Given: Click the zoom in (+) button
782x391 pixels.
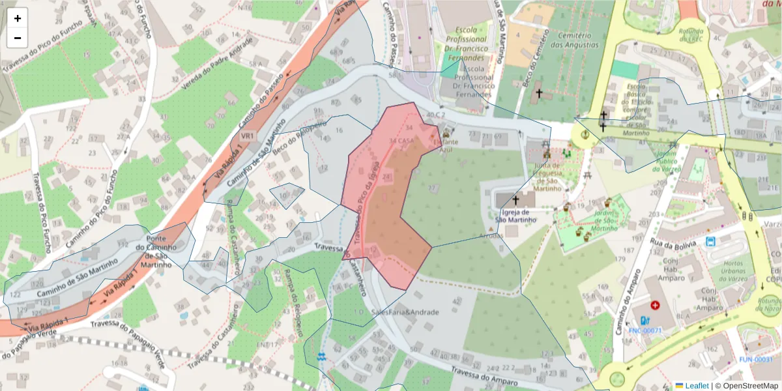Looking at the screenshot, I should pos(18,18).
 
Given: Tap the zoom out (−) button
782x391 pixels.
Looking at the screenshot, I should pos(18,38).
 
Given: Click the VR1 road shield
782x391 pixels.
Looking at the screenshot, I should pos(247,136).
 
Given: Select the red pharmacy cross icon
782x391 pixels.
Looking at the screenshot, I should pos(654,304).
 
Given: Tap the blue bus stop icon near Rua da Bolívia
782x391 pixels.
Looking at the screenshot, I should pos(710,242).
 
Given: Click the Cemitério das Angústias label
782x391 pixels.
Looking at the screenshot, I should pos(574,40).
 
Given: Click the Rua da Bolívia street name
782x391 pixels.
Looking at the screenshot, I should pos(674,242).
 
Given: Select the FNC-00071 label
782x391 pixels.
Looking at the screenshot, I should pos(645,330).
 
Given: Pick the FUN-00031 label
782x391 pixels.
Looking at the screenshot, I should pos(755,360).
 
